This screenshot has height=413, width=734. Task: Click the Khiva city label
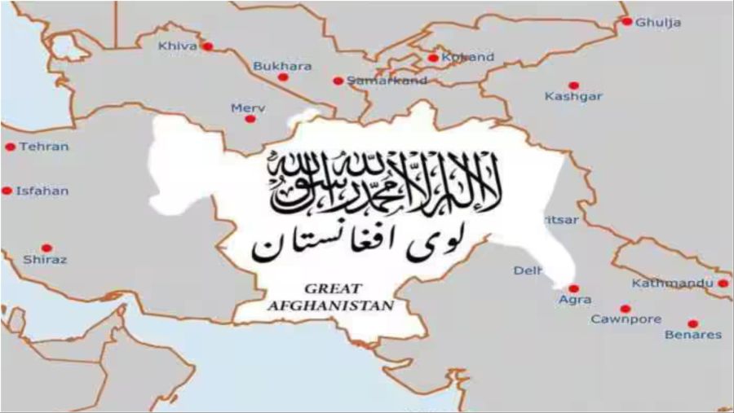pyautogui.click(x=178, y=46)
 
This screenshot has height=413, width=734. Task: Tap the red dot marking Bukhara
pyautogui.click(x=283, y=77)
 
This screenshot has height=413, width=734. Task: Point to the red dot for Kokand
pyautogui.click(x=432, y=58)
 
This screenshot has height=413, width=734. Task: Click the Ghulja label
pyautogui.click(x=658, y=22)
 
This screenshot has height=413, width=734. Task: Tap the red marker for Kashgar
pyautogui.click(x=573, y=86)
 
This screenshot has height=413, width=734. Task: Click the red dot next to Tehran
pyautogui.click(x=10, y=147)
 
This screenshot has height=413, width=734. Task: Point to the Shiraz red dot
pyautogui.click(x=46, y=248)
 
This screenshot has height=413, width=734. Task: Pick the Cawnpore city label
pyautogui.click(x=626, y=319)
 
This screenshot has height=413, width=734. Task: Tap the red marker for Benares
pyautogui.click(x=692, y=323)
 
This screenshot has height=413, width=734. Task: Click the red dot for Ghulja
pyautogui.click(x=626, y=22)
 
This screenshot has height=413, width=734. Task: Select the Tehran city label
pyautogui.click(x=44, y=147)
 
